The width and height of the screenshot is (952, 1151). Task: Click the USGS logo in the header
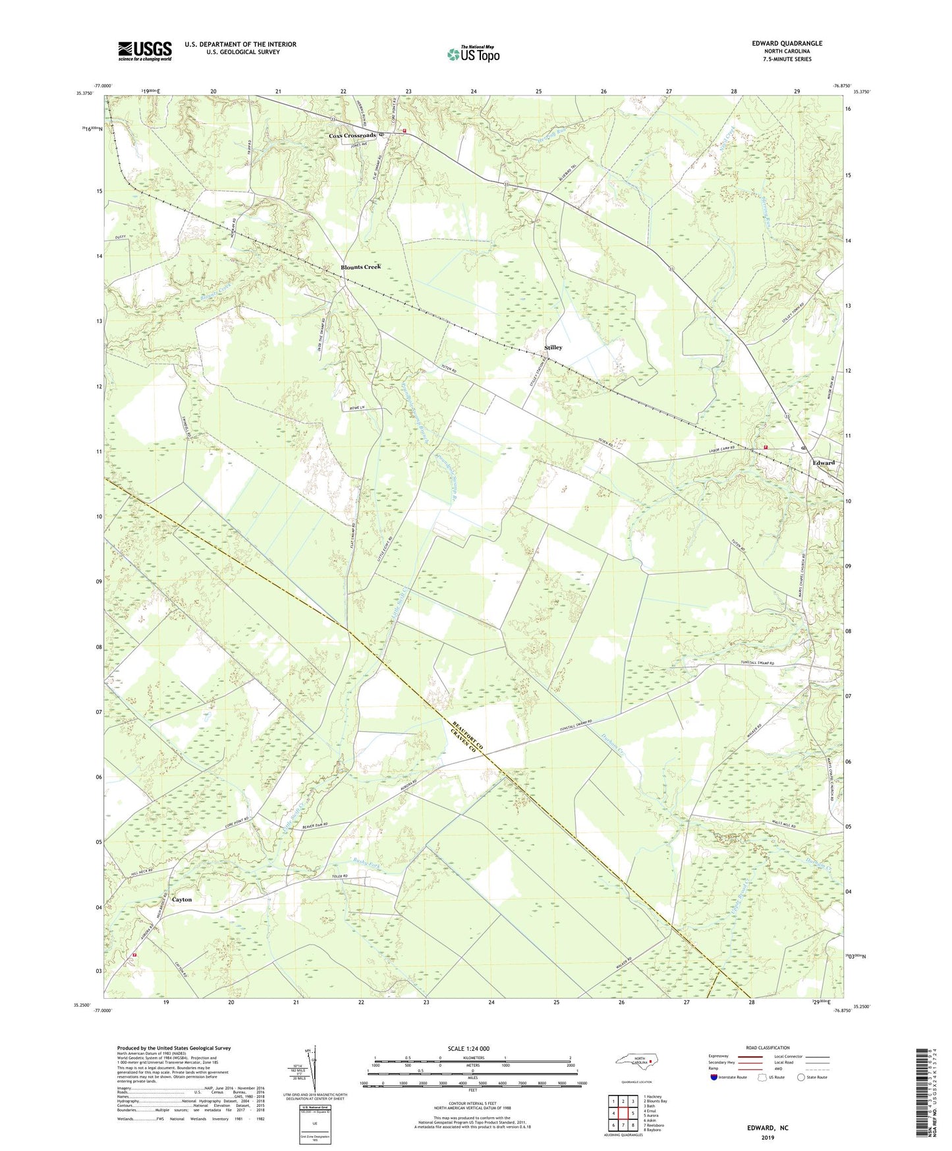pyautogui.click(x=144, y=51)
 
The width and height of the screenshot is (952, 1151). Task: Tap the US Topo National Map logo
pyautogui.click(x=472, y=54)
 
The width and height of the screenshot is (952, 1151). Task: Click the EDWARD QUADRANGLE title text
pyautogui.click(x=787, y=44)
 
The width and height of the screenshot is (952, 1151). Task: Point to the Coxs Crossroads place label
pyautogui.click(x=352, y=135)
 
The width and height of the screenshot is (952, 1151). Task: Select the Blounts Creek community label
pyautogui.click(x=360, y=267)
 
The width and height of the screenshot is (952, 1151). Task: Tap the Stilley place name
pyautogui.click(x=553, y=347)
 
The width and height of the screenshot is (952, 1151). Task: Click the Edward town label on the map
pyautogui.click(x=823, y=462)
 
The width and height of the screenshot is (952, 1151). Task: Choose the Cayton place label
pyautogui.click(x=182, y=899)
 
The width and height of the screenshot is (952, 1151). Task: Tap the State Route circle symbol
pyautogui.click(x=800, y=1077)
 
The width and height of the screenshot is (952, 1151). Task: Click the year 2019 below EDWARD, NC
pyautogui.click(x=768, y=1137)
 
